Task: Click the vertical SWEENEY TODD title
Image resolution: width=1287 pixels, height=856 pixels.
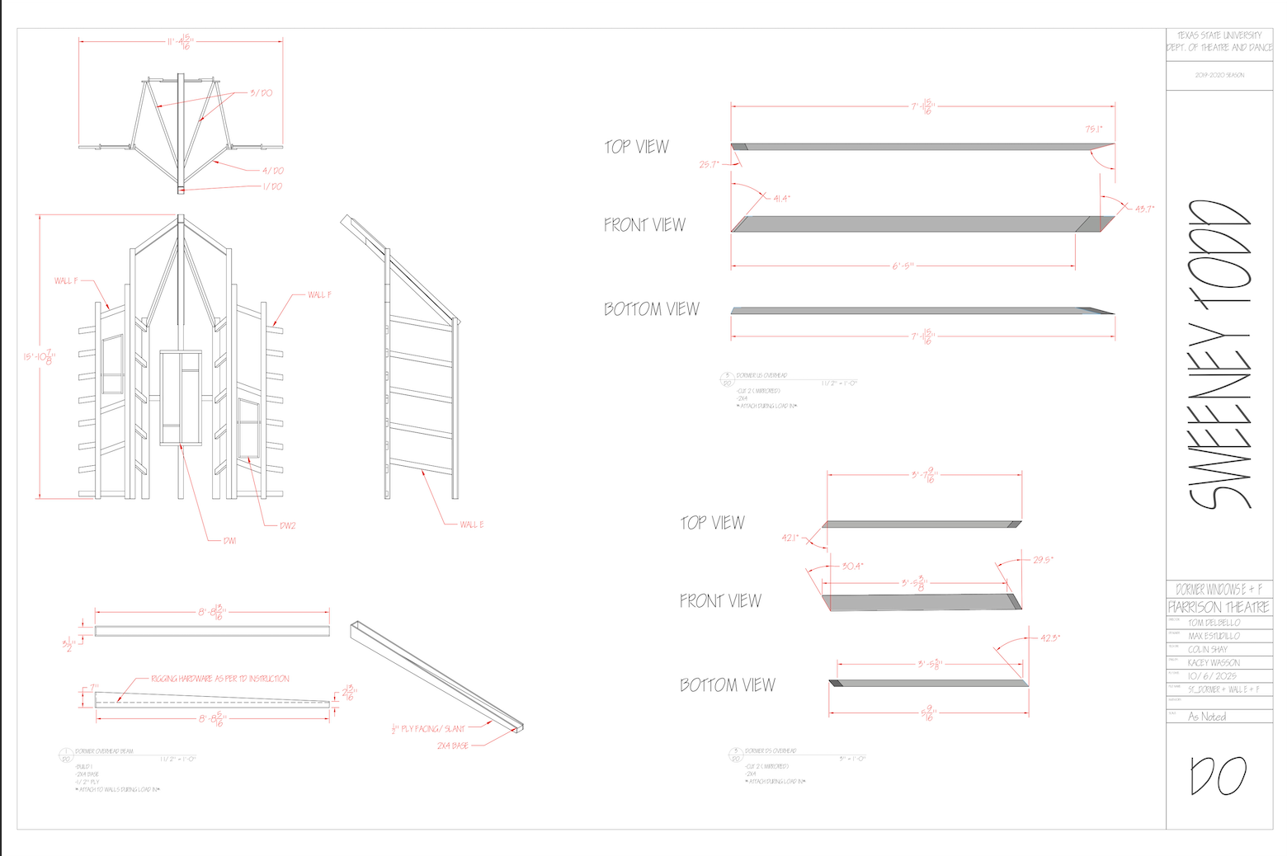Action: [1219, 355]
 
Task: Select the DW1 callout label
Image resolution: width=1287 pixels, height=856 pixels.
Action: [229, 541]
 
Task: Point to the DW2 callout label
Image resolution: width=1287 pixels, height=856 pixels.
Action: [287, 525]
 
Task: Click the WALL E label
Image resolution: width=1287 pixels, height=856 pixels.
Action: [472, 524]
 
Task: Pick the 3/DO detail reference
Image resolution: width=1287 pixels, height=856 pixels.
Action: [262, 93]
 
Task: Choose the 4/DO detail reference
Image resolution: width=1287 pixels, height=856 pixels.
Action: [273, 171]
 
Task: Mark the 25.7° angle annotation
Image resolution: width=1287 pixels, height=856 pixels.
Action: [709, 165]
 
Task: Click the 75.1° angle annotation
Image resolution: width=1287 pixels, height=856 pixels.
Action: [1094, 129]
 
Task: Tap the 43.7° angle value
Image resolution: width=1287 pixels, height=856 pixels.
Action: [1144, 209]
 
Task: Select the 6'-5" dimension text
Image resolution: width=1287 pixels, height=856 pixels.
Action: [903, 266]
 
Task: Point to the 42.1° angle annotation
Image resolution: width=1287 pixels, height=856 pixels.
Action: [790, 539]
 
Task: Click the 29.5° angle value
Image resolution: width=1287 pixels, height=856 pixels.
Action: [1043, 560]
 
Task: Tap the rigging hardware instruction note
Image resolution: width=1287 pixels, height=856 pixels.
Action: [220, 679]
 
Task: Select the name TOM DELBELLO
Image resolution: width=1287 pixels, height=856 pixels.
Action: [1214, 623]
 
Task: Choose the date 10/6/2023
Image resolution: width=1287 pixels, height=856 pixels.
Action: [1212, 676]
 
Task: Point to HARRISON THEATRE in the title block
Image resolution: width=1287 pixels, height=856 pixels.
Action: [1219, 607]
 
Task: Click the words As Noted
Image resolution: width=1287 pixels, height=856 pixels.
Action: [1207, 717]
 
